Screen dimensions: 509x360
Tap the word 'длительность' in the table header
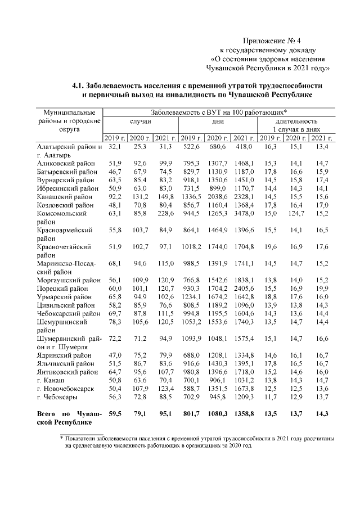tap(296, 121)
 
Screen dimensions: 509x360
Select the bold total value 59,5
tap(114, 414)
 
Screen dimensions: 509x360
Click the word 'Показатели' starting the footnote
tap(87, 437)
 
